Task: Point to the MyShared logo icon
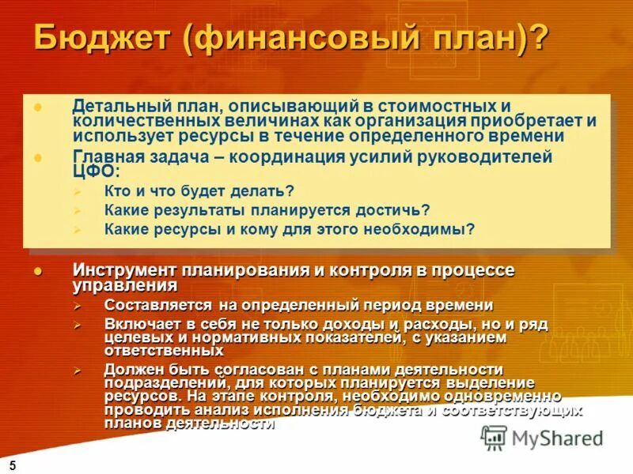(494, 438)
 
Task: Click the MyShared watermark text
(557, 438)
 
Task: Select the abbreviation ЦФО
(93, 171)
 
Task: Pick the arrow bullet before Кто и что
(77, 191)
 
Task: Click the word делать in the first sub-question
(256, 190)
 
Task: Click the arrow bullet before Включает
(77, 325)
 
